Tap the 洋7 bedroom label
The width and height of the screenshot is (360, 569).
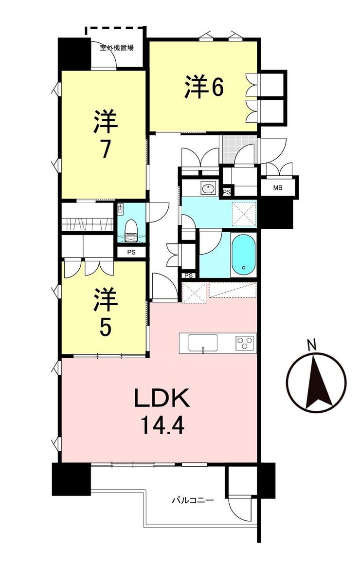pos(106,135)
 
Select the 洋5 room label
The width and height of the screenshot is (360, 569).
pos(106,312)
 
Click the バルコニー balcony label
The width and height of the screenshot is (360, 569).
pos(193,501)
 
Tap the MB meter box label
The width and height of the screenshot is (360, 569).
pos(278,188)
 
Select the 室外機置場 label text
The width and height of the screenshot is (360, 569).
pos(117,47)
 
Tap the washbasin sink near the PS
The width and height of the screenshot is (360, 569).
pos(208,188)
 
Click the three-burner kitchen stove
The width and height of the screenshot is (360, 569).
pos(246,343)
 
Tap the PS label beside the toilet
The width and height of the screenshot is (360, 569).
pos(131,252)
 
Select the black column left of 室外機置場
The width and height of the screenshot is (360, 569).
pos(74,54)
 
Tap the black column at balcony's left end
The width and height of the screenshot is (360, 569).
pos(71,479)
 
